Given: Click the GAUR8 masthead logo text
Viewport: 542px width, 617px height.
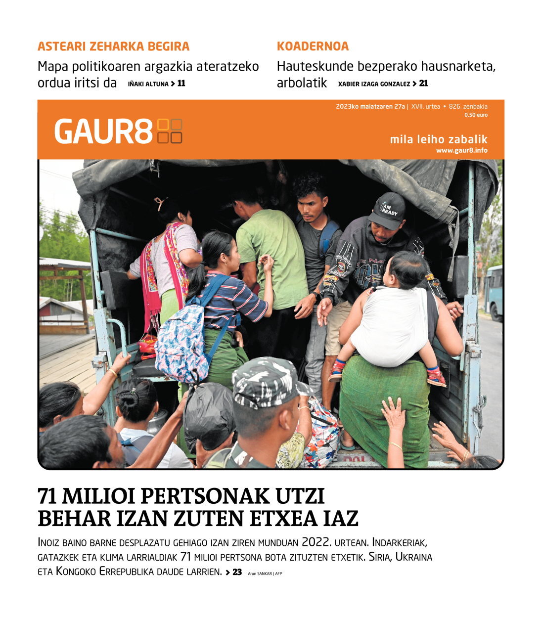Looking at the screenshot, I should point(103,132).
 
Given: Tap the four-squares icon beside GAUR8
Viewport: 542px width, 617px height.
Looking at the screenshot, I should point(170,132).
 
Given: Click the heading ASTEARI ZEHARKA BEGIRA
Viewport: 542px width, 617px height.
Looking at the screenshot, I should point(113,46).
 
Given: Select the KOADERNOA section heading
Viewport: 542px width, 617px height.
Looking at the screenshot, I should point(313,46).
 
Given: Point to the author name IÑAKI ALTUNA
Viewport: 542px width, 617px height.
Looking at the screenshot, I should point(148,84).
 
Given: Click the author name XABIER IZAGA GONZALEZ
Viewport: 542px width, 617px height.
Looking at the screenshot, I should point(374,84).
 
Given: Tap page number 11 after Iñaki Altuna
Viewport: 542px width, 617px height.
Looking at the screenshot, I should point(181,84).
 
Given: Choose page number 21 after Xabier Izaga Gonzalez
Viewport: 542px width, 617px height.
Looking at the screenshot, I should point(423,84).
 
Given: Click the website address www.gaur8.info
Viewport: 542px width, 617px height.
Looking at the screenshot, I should point(461,150).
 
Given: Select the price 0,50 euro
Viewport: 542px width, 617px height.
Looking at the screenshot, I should point(476,115).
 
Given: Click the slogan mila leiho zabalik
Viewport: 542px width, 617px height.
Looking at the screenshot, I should point(438,139).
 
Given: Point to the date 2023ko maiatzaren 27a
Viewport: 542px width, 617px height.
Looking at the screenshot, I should point(370,106).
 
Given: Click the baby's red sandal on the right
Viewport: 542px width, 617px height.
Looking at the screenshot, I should point(436,377).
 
